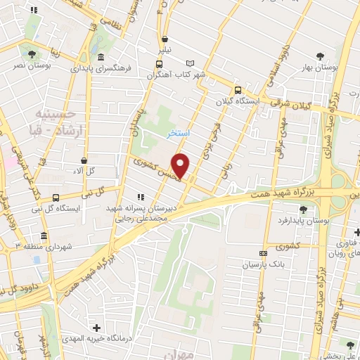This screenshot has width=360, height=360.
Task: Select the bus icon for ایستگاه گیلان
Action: click(238, 90)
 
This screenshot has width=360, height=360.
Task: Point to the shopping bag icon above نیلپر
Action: click(165, 40)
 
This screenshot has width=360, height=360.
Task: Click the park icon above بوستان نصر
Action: click(30, 53)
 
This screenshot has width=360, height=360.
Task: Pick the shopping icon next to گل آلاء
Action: click(84, 160)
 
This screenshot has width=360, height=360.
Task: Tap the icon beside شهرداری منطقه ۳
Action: click(44, 236)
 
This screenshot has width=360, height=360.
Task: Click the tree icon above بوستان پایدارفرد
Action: click(303, 209)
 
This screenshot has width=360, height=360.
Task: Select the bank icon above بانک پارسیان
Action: click(264, 253)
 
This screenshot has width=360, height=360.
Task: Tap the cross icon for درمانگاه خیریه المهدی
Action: click(96, 328)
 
